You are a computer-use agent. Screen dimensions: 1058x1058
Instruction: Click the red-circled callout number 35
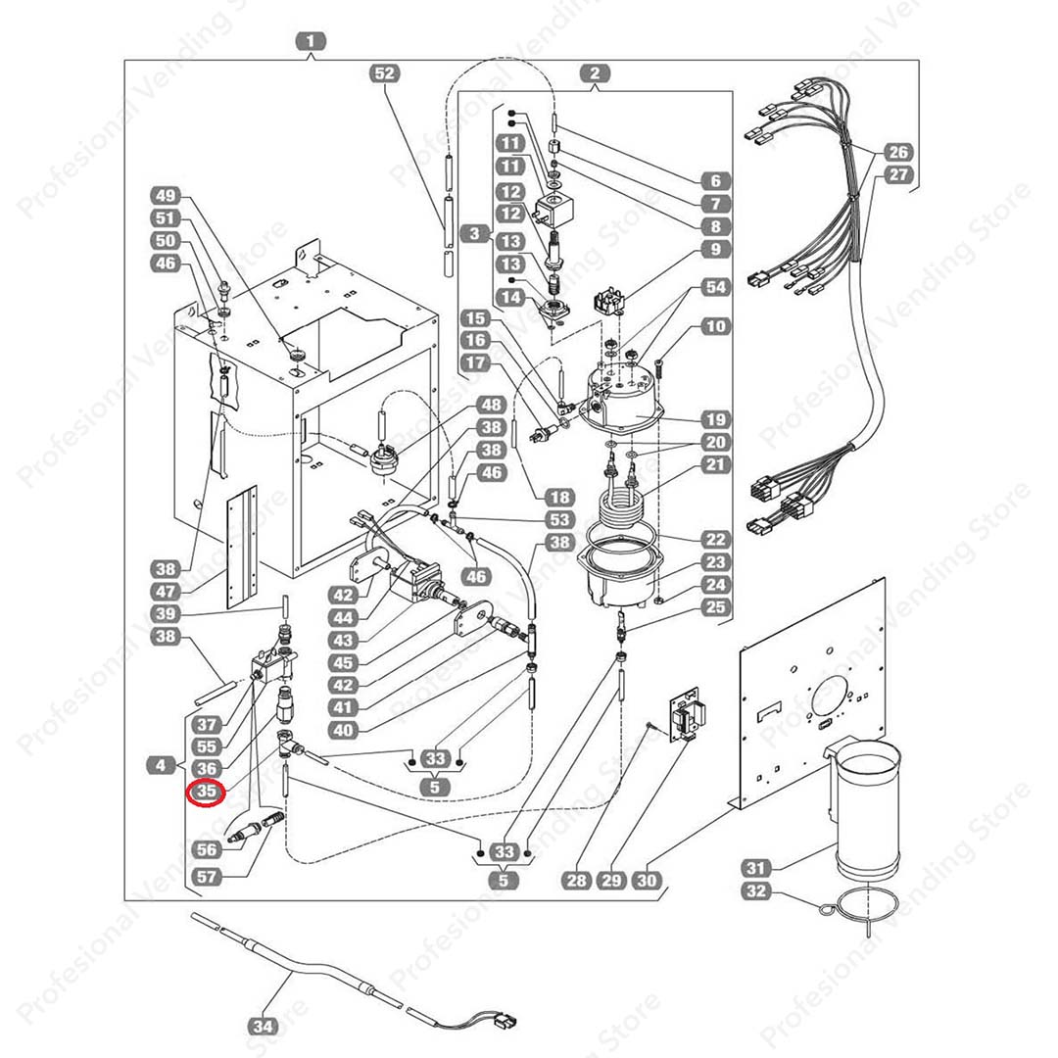207,792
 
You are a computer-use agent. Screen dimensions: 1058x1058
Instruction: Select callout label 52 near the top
386,73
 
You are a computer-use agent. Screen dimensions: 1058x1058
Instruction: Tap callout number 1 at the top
311,42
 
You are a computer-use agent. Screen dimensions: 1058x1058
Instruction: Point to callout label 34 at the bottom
263,1027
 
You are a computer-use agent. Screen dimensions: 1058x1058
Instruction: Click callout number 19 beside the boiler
716,419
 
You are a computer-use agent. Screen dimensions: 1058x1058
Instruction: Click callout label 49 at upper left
168,195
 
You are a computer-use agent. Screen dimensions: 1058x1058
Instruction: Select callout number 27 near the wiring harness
898,175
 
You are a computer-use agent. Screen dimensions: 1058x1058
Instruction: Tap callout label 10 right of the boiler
716,326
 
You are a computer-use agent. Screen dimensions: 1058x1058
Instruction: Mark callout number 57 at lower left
208,877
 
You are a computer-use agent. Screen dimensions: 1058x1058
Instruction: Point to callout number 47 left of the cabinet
167,592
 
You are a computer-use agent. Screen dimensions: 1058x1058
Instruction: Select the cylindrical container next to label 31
866,808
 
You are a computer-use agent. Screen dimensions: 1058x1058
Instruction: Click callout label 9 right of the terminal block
716,249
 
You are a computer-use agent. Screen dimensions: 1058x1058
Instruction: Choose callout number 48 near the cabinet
491,405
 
